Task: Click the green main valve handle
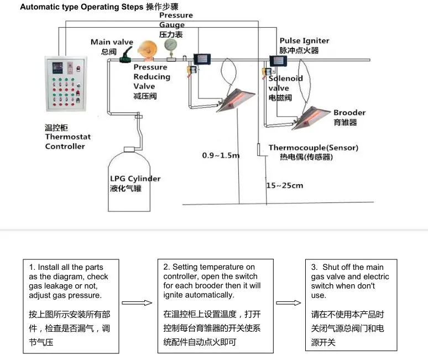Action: pyautogui.click(x=126, y=55)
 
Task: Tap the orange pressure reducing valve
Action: pyautogui.click(x=148, y=50)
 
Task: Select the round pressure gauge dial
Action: pyautogui.click(x=171, y=45)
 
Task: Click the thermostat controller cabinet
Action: pyautogui.click(x=66, y=84)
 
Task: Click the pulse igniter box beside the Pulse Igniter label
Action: pyautogui.click(x=278, y=61)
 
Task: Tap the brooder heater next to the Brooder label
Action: pyautogui.click(x=311, y=118)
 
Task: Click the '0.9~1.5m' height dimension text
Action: pyautogui.click(x=221, y=155)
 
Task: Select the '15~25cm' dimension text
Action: pyautogui.click(x=285, y=186)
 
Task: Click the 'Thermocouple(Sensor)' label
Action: pyautogui.click(x=314, y=148)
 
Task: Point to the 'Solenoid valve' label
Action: pyautogui.click(x=285, y=84)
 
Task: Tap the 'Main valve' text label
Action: pyautogui.click(x=112, y=42)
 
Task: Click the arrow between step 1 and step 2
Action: pyautogui.click(x=137, y=302)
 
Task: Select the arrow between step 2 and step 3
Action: pyautogui.click(x=289, y=302)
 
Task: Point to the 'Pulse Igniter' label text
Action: pyautogui.click(x=304, y=41)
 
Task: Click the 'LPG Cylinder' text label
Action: pyautogui.click(x=135, y=179)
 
